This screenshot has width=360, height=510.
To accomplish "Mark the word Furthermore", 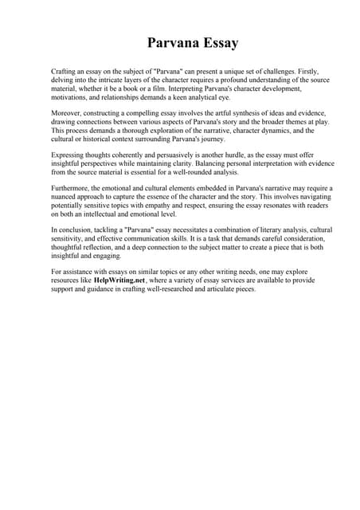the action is (x=73, y=188).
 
